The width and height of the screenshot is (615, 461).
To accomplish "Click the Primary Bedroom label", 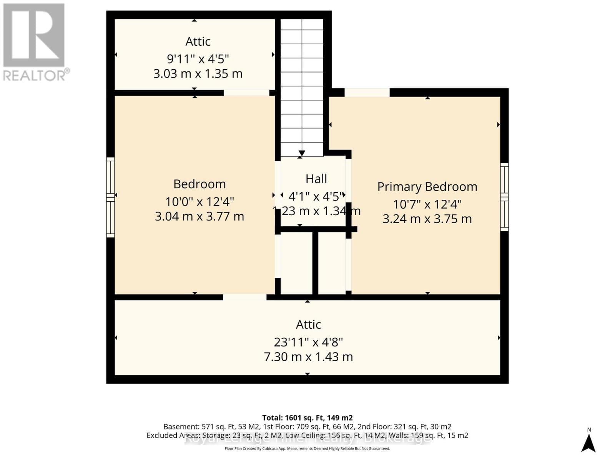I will point(427,187).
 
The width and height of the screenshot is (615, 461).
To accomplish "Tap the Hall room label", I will point(316,179).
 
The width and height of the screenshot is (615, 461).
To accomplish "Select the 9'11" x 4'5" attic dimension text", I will point(198,59).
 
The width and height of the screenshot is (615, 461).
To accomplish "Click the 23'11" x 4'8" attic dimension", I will point(308,342).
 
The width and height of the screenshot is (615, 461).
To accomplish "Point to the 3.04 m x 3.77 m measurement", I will point(199,216).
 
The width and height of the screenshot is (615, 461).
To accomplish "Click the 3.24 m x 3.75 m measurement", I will point(427,219).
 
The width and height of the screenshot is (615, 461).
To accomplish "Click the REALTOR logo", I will point(35,42).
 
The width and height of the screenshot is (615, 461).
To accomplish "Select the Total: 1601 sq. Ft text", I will point(307,418).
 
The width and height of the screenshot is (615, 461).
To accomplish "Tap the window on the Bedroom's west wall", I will point(110,197).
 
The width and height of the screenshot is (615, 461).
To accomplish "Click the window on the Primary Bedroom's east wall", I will point(504,197).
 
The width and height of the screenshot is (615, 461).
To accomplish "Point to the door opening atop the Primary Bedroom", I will point(367,93).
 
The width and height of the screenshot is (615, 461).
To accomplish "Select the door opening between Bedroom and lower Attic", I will point(244,297).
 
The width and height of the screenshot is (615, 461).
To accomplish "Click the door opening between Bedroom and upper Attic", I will point(246,93).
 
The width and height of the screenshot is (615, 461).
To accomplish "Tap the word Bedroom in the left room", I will point(199,184).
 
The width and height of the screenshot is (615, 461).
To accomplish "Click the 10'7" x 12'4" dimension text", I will point(427,204).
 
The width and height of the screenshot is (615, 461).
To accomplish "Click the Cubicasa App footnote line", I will point(307,448).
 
